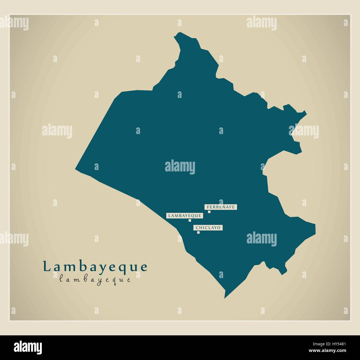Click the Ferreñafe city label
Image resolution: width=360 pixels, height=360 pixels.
[x=221, y=207]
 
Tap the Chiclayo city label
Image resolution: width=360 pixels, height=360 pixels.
[x=208, y=228]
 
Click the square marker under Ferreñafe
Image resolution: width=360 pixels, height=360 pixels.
[x=209, y=212]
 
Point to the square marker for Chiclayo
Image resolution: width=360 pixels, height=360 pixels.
[x=198, y=232]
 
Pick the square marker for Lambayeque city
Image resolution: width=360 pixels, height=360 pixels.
[x=190, y=220]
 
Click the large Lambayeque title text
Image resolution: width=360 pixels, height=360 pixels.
[x=95, y=267]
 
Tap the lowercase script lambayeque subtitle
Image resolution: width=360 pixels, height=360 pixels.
[x=95, y=279]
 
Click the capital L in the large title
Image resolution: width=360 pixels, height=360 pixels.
[x=46, y=266]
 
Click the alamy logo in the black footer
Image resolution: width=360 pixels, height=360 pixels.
[x=28, y=347]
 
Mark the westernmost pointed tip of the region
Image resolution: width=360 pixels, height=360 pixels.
[x=76, y=168]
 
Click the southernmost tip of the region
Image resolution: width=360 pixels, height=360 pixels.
[x=225, y=298]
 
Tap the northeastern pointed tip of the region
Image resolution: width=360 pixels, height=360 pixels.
[x=306, y=112]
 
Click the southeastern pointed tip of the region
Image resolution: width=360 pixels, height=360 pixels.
[x=315, y=224]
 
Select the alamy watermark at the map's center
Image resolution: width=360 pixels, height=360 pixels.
[x=180, y=167]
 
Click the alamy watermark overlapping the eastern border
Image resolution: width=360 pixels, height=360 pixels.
[x=304, y=132]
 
